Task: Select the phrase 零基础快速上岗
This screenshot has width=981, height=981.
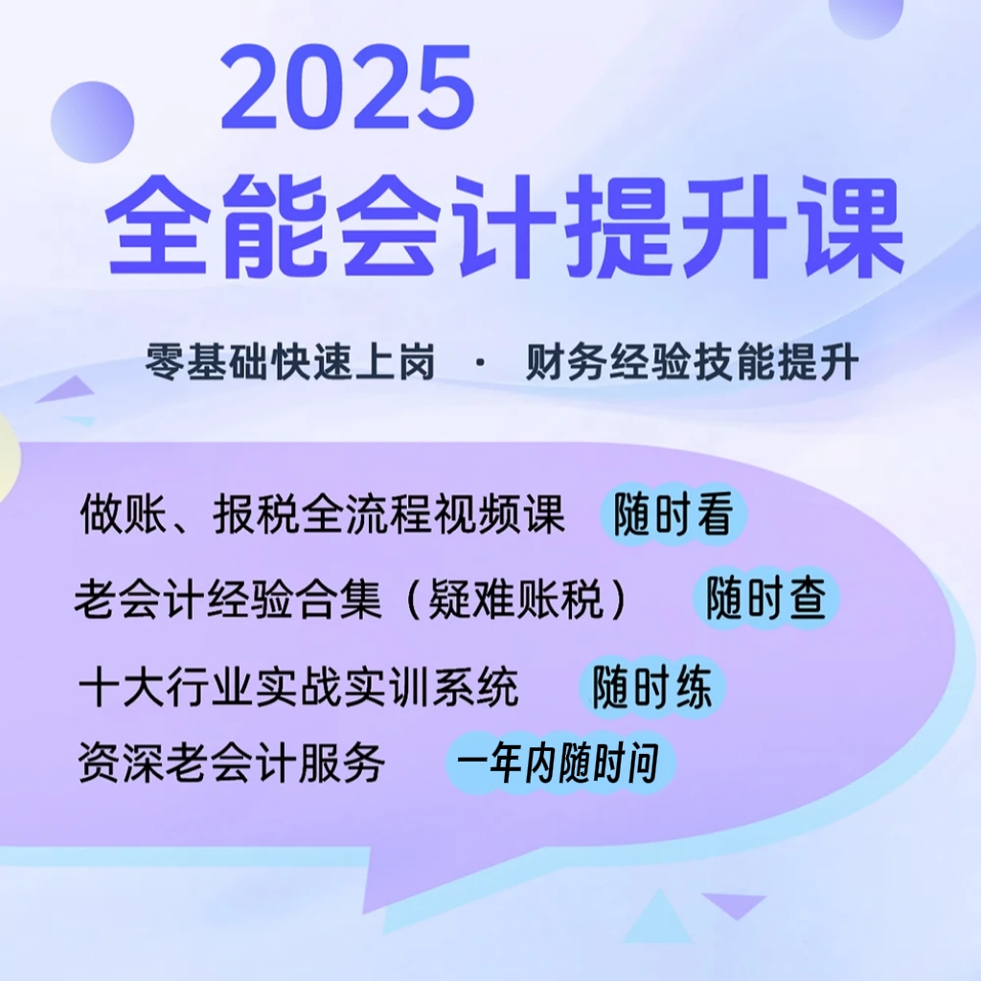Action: tap(290, 364)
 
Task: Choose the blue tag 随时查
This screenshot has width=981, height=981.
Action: tap(765, 601)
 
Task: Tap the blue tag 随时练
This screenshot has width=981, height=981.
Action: tap(652, 687)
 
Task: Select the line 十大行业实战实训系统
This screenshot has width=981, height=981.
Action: tap(300, 688)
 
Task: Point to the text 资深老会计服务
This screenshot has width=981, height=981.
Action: tap(233, 764)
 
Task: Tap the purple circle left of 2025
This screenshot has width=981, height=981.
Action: tap(92, 122)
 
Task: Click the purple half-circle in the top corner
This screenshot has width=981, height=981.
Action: tap(866, 14)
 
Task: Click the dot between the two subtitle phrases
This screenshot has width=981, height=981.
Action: tap(479, 365)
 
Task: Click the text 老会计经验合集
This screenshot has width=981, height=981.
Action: tap(228, 602)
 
